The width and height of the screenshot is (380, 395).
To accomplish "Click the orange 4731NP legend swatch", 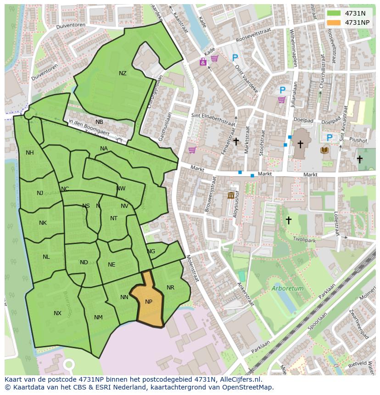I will [x=335, y=22].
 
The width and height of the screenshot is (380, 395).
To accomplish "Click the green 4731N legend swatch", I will [x=335, y=13].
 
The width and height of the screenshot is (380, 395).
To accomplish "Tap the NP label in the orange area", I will [x=149, y=302].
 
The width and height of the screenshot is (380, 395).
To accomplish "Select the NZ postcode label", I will [x=123, y=73].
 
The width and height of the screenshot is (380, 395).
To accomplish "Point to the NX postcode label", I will [x=57, y=313].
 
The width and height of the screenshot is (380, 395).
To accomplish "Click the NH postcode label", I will [x=30, y=153].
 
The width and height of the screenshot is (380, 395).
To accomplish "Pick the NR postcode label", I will [x=170, y=288].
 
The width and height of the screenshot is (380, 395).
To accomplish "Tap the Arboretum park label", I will [x=287, y=289].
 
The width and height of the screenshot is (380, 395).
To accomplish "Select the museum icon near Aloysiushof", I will [x=231, y=196].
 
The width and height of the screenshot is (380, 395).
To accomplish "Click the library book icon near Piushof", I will [x=325, y=150].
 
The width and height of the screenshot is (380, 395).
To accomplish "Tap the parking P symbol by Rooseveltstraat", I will [x=235, y=58].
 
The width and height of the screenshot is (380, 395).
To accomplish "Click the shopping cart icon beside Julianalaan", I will [x=281, y=100].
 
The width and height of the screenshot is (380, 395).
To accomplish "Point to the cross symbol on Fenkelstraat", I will [x=236, y=142].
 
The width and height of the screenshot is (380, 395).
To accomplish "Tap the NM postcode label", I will [x=98, y=317].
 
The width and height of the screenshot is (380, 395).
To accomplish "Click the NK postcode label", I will [x=43, y=223].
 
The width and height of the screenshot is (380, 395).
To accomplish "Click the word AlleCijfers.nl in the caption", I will [x=239, y=379].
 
